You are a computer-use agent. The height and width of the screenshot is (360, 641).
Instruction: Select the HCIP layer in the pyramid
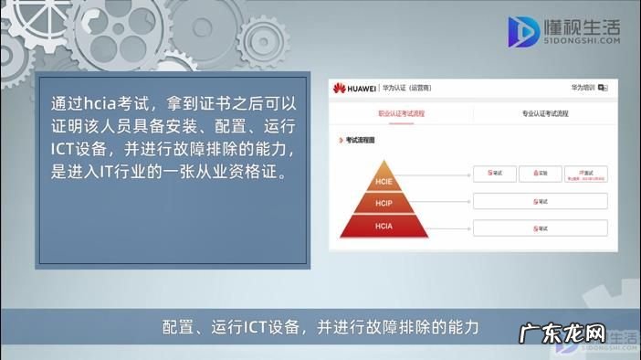(383, 202)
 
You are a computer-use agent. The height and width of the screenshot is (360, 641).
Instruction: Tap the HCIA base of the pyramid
(383, 225)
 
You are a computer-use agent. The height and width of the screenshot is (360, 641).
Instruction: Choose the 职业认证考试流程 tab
(402, 114)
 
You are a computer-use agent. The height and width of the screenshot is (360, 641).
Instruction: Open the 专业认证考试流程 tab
(544, 114)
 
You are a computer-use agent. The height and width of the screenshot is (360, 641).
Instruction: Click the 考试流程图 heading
(359, 141)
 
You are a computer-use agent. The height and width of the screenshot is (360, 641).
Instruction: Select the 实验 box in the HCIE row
(541, 173)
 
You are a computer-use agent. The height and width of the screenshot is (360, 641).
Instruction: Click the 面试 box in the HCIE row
(585, 173)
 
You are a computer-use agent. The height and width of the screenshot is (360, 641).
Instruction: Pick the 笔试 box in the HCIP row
(541, 201)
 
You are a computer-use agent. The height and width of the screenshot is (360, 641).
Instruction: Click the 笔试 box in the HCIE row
(495, 173)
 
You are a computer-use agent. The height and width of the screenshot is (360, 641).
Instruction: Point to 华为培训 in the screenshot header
(583, 89)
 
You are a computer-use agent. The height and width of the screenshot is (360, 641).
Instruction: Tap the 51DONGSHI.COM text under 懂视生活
(582, 41)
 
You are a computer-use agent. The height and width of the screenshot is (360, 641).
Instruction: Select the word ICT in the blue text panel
(65, 148)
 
